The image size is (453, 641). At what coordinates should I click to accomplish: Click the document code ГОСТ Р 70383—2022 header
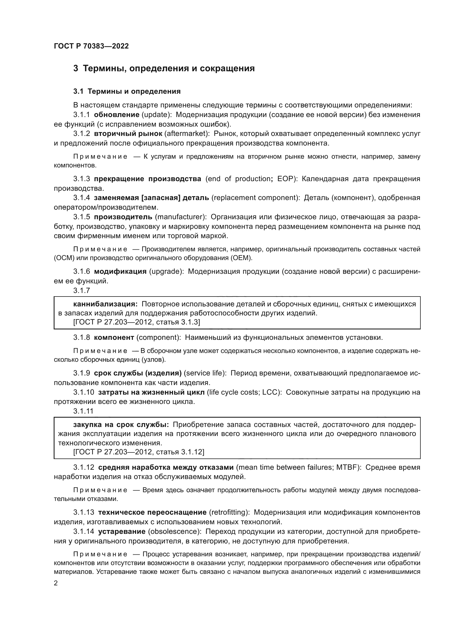pos(91,46)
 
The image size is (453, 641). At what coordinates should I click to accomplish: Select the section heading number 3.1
pos(78,91)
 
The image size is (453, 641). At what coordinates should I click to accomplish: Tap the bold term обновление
pos(117,115)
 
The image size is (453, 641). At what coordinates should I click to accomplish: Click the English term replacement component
pos(256,198)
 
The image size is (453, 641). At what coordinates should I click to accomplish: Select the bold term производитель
pos(123,217)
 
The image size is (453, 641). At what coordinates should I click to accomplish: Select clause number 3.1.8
pos(81,338)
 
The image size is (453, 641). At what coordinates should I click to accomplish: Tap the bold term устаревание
pos(122,531)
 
